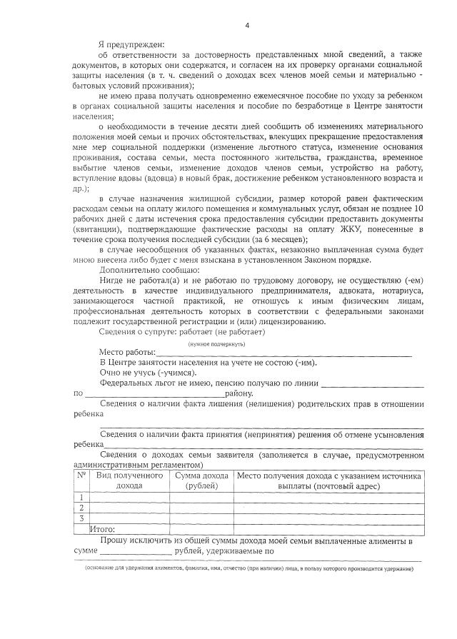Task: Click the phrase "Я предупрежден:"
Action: coord(132,44)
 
